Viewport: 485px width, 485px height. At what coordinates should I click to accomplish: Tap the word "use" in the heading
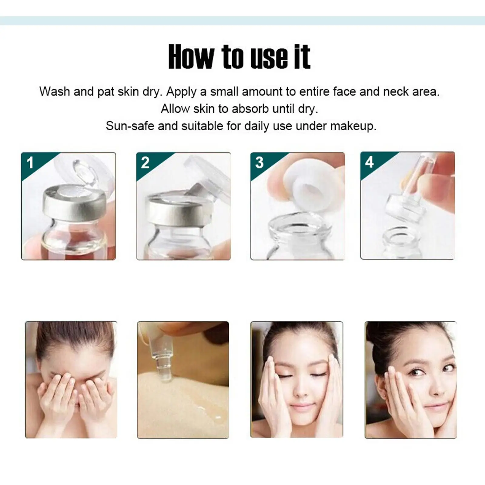pyautogui.click(x=269, y=57)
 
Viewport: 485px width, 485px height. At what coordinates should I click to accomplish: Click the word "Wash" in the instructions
pyautogui.click(x=55, y=91)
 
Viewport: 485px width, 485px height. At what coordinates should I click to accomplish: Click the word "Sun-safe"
pyautogui.click(x=130, y=126)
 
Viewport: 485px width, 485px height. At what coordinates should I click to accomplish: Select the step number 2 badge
pyautogui.click(x=145, y=163)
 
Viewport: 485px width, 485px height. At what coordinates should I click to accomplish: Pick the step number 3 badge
pyautogui.click(x=259, y=163)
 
